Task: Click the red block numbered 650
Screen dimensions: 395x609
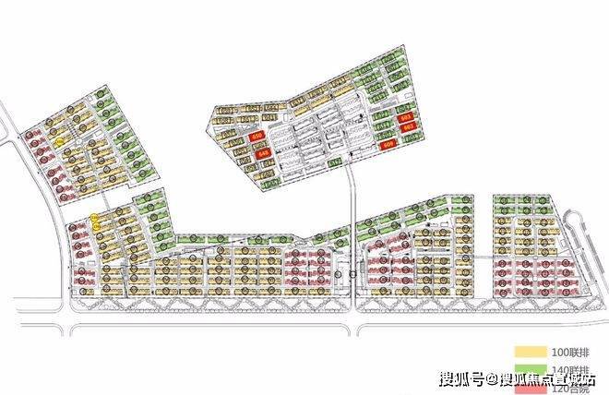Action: [257, 138]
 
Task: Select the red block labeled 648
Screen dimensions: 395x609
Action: [263, 152]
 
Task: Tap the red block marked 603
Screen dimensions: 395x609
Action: [406, 118]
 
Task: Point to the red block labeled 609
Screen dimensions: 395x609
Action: [388, 143]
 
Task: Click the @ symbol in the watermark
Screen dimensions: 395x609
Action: [494, 378]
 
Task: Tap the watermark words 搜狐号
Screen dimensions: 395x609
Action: [464, 378]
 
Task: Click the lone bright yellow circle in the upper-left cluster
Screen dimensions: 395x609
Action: [59, 143]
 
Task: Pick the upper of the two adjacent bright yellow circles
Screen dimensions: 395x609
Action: [95, 218]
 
